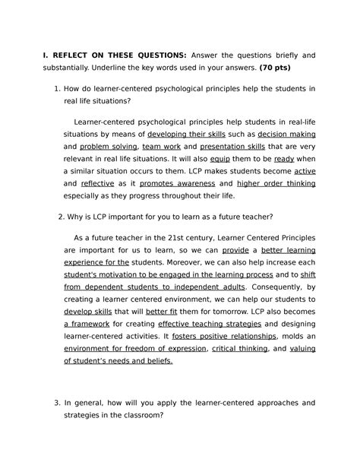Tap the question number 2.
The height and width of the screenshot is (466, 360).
point(61,214)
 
